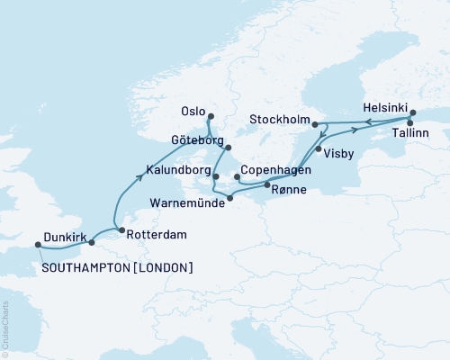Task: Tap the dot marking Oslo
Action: pos(211,116)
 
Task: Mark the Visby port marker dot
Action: pos(319,149)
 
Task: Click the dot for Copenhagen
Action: pos(236,177)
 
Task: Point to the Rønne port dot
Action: pos(267,185)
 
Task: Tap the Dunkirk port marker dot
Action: pos(91,242)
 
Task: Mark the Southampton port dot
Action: pos(38,243)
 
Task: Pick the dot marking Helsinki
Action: pos(412,112)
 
